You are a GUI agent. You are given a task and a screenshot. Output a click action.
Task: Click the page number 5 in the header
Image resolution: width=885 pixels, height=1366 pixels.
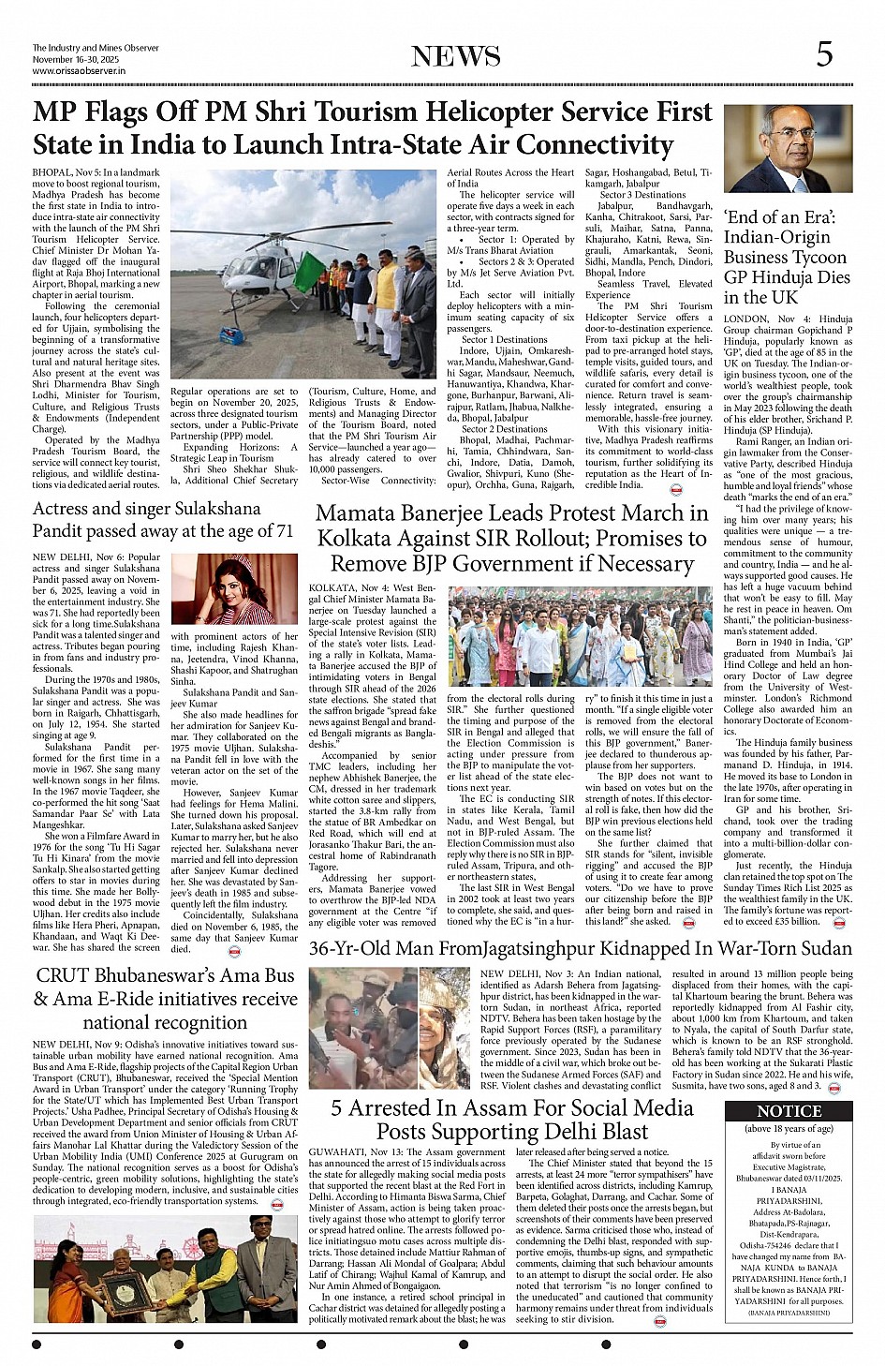823,54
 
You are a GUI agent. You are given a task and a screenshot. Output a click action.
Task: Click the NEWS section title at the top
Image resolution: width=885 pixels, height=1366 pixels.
456,56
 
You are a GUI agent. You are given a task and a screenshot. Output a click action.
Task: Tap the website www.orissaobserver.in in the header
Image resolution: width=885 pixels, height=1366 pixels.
79,70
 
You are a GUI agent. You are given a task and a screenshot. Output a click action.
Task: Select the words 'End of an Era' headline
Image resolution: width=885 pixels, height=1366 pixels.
779,217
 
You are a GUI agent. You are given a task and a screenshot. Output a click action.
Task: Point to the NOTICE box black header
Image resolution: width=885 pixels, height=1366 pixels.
789,1110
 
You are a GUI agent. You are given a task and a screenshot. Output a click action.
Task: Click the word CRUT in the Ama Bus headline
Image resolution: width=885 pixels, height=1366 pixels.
65,975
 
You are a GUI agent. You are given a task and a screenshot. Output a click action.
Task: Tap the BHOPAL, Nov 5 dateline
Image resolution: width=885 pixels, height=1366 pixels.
66,172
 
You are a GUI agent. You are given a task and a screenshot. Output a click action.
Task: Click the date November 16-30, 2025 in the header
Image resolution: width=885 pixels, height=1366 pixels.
71,59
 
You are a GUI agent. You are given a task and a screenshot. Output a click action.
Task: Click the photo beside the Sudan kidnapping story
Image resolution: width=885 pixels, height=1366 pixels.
391,1028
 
